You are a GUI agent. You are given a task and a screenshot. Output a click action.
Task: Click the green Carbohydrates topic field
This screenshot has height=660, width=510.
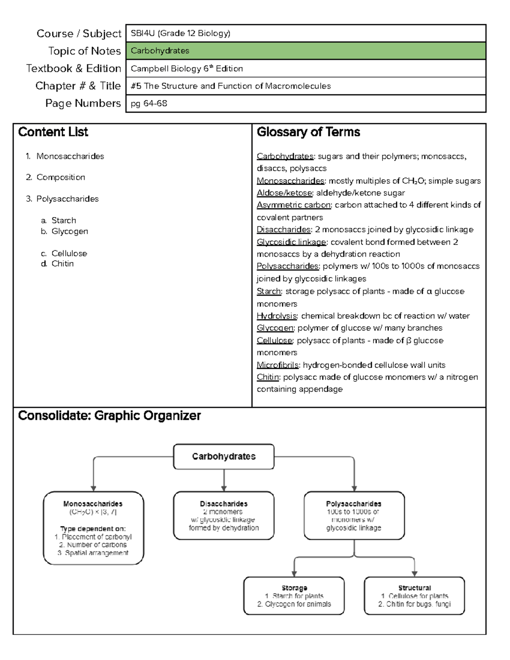[305, 51]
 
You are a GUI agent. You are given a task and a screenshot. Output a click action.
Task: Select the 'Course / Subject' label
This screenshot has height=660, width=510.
[79, 34]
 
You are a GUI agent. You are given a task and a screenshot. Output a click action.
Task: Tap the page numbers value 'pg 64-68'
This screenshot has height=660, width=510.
[149, 103]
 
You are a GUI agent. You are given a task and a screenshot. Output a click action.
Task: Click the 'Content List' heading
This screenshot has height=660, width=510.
[53, 132]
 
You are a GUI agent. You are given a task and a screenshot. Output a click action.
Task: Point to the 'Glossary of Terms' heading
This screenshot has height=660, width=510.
[308, 132]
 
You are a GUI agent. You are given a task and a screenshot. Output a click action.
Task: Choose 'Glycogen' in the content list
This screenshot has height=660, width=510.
[69, 231]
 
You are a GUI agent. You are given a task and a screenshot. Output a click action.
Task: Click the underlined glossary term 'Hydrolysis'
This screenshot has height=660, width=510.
[276, 316]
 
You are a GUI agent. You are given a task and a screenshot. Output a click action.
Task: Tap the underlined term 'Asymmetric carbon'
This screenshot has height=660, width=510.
[294, 205]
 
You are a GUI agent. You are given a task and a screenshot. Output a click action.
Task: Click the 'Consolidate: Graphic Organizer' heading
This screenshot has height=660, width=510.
[109, 416]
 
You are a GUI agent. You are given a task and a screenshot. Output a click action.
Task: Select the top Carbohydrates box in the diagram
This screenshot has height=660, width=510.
[224, 456]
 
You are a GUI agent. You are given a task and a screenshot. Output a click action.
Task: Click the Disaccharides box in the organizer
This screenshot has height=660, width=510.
[224, 516]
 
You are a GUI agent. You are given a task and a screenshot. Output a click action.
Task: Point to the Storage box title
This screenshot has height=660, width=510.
[294, 588]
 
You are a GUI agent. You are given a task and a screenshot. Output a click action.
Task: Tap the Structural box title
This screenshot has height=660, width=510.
[414, 588]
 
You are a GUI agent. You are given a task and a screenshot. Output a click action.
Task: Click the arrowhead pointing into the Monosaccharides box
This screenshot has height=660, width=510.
[93, 489]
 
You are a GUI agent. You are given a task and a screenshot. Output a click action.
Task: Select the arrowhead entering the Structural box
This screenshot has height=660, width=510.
[414, 574]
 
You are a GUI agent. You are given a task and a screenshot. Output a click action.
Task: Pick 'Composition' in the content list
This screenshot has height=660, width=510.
[60, 177]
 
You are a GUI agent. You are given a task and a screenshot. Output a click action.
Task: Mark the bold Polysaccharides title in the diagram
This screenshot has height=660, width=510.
[354, 504]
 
